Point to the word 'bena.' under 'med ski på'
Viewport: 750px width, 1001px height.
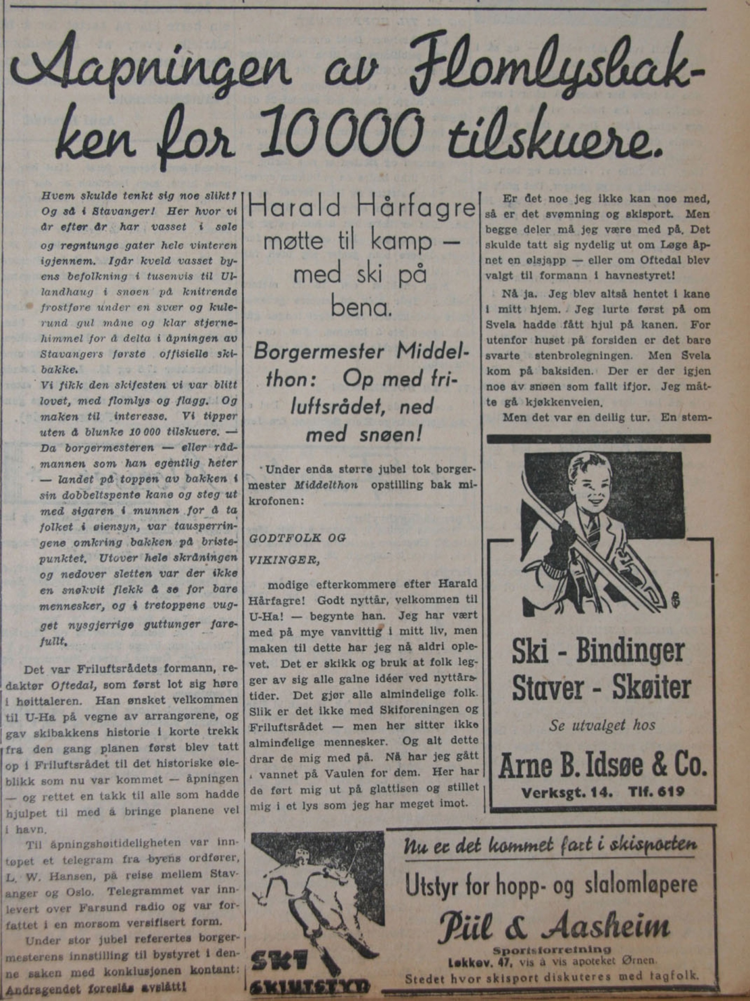[361, 308]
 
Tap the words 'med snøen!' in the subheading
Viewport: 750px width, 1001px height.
[364, 434]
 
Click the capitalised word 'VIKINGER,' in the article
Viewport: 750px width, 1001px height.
[284, 560]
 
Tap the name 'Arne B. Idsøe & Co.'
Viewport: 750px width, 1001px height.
[602, 767]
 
